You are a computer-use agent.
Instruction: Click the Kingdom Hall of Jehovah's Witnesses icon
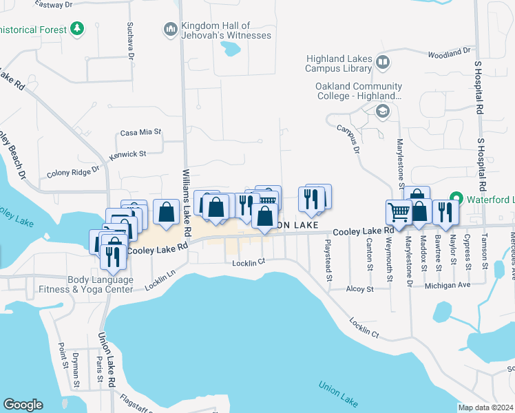(x=170, y=30)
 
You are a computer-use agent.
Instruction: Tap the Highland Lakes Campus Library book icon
(x=383, y=64)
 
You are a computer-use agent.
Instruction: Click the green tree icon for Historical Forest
(x=78, y=30)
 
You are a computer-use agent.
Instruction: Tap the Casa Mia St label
(x=140, y=131)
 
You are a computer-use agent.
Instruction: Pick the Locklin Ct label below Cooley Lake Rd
(x=249, y=262)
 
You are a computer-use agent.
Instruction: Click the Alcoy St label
(x=359, y=289)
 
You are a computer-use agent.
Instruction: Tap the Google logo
(x=23, y=405)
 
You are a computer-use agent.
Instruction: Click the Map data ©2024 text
(x=485, y=407)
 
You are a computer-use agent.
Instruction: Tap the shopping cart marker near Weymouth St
(x=399, y=213)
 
